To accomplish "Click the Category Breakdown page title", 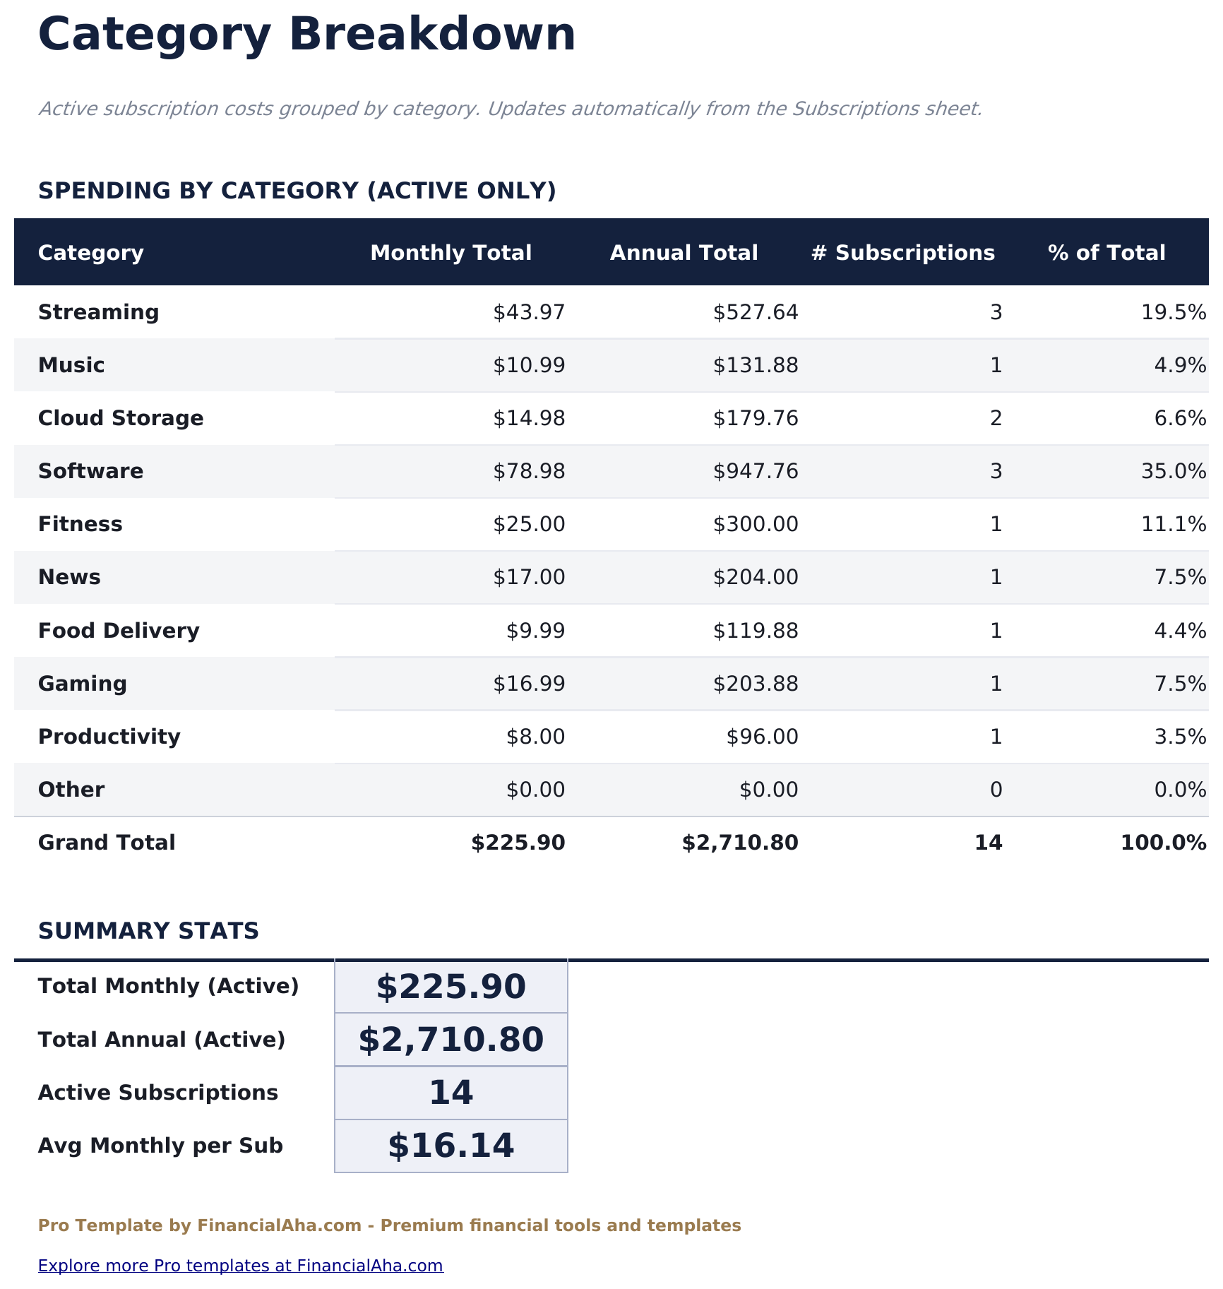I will tap(306, 35).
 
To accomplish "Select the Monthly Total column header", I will tap(451, 253).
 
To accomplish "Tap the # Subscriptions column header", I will tap(902, 253).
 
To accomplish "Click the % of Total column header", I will tap(1106, 253).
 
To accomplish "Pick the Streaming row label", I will tap(98, 312).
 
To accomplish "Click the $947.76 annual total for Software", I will tap(756, 471).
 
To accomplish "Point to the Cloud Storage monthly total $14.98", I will tap(529, 418).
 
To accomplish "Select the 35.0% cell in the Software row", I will tap(1173, 471).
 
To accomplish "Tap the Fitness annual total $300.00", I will tap(756, 524).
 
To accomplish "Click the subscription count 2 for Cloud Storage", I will tap(996, 418).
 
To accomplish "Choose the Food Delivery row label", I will tap(119, 631).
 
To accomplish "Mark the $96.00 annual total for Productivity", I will tap(762, 737).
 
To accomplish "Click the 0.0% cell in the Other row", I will tap(1179, 790).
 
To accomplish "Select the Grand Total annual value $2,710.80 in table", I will tap(740, 843).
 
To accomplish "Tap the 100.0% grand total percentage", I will tap(1163, 843).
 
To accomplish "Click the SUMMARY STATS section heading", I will tap(148, 931).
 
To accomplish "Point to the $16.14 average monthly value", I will tap(451, 1146).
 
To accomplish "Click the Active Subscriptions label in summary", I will tap(157, 1093).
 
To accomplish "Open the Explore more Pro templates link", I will tap(240, 1265).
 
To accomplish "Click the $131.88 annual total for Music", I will tap(756, 365).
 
